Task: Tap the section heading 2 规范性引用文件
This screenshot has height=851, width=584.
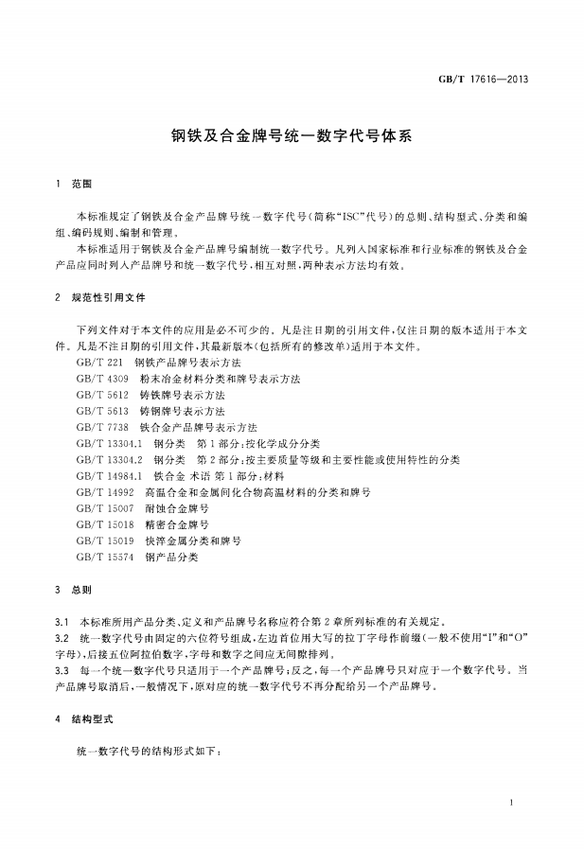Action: (x=100, y=297)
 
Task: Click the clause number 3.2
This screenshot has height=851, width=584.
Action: (x=62, y=639)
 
